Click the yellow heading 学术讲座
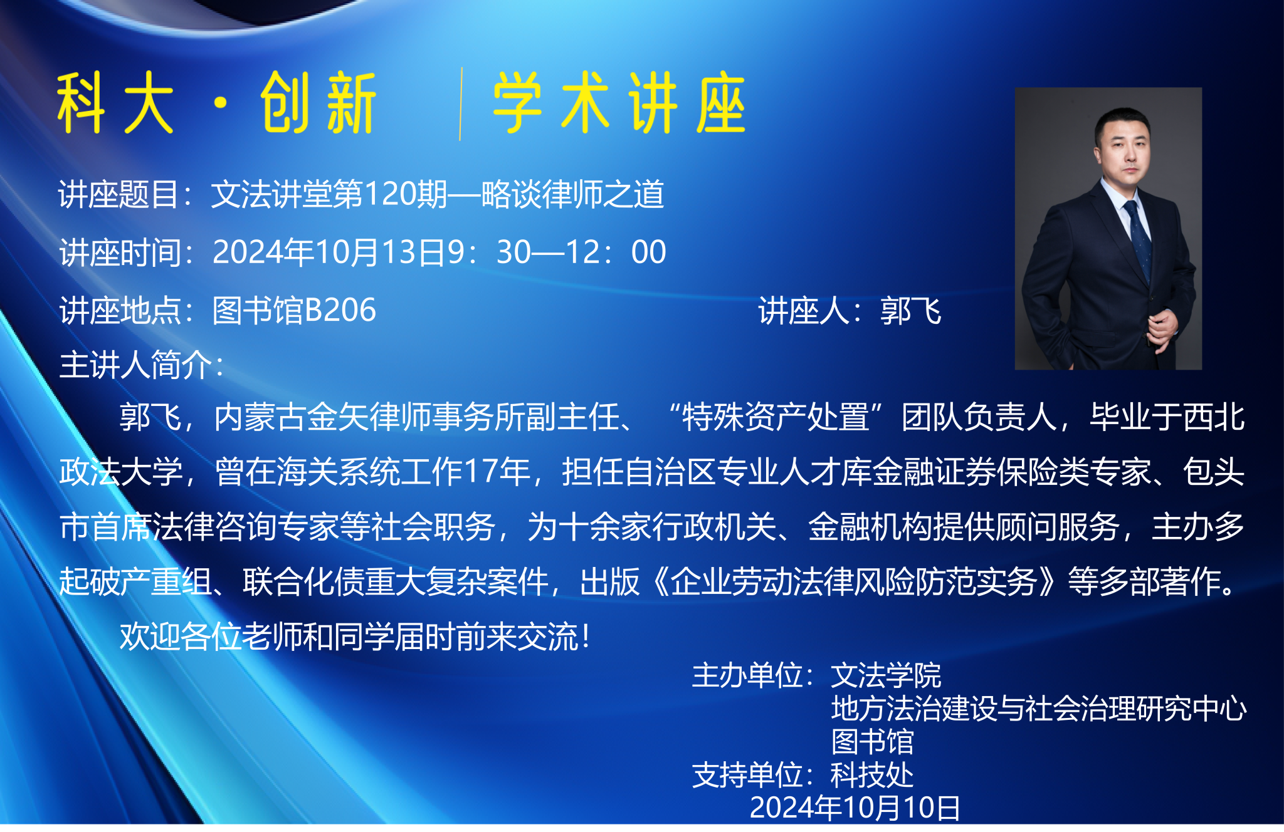619,103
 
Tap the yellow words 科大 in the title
115,103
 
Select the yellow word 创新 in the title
318,103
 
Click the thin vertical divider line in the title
461,104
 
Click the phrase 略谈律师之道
572,194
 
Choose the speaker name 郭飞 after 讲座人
910,311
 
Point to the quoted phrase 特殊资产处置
776,417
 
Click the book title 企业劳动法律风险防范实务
854,581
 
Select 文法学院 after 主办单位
886,675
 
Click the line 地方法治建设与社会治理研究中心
1039,709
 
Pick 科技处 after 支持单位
872,775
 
